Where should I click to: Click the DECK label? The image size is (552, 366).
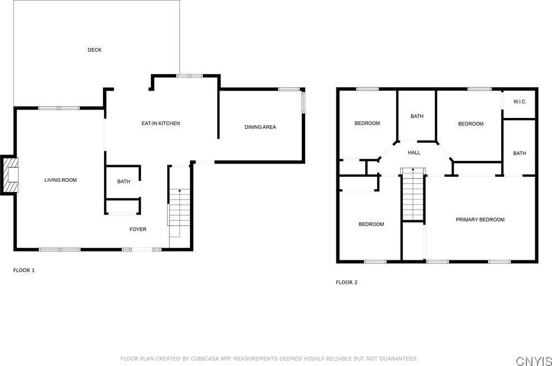(94, 50)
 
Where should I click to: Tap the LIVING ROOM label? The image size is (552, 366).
(61, 180)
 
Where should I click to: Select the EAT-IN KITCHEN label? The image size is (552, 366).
(160, 123)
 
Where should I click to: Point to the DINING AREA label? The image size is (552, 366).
(260, 127)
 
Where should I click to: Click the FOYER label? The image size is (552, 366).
(138, 229)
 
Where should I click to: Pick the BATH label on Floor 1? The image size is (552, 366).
(124, 181)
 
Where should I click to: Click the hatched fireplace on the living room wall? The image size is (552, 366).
(9, 175)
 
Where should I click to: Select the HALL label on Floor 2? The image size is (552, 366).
(414, 152)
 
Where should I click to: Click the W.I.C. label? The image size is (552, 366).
(520, 102)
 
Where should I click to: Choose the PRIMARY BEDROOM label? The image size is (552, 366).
(480, 219)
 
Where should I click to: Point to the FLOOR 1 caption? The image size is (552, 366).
(24, 270)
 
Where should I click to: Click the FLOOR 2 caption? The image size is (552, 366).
(346, 283)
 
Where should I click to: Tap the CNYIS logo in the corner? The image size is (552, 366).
(534, 361)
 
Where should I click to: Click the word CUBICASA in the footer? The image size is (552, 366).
(205, 359)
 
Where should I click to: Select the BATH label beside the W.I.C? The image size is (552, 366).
(520, 154)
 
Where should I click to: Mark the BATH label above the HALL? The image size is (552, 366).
(417, 116)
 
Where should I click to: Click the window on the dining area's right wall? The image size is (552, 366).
(303, 102)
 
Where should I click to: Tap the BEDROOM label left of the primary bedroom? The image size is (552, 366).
(371, 224)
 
